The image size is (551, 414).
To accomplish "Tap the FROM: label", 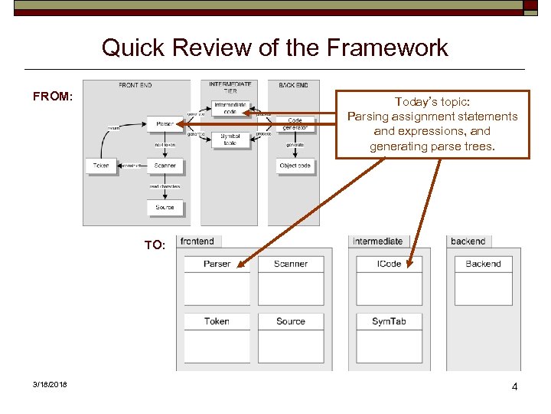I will [x=53, y=97].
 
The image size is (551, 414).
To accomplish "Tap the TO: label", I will [x=155, y=245].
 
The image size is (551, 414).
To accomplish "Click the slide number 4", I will [x=514, y=386].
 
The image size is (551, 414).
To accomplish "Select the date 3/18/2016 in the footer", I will [x=50, y=385].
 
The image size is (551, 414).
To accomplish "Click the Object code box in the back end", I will [x=295, y=166].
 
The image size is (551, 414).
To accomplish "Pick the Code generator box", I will [x=295, y=123].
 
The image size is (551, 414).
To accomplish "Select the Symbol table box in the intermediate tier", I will [x=230, y=140].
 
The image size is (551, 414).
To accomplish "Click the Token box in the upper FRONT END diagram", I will [x=101, y=166].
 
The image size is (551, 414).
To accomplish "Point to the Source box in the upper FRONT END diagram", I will [x=165, y=207].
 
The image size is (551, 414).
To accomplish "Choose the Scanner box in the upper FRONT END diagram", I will [x=165, y=166].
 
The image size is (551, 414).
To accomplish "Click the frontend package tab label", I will [x=198, y=242].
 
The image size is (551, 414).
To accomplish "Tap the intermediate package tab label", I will [x=377, y=242].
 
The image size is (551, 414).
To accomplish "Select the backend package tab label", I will [x=468, y=242].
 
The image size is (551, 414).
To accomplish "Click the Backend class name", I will [x=483, y=264].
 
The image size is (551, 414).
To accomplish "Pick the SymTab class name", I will [x=389, y=321].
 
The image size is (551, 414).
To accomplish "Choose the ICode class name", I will [x=389, y=264].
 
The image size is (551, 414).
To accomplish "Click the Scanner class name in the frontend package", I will [x=290, y=264].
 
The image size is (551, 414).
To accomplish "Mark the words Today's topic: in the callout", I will [x=432, y=102].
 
